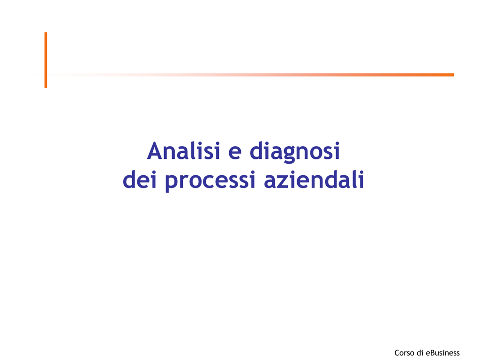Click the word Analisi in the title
pyautogui.click(x=184, y=150)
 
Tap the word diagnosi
pyautogui.click(x=295, y=152)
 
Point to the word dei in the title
pyautogui.click(x=140, y=180)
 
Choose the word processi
pyautogui.click(x=210, y=181)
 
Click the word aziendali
pyautogui.click(x=314, y=180)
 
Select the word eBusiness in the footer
pyautogui.click(x=442, y=352)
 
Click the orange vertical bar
pyautogui.click(x=45, y=60)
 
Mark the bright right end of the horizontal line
pyautogui.click(x=453, y=75)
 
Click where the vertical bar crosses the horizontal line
pyautogui.click(x=45, y=75)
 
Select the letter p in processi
pyautogui.click(x=172, y=183)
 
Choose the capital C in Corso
pyautogui.click(x=397, y=352)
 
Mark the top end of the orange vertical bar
pyautogui.click(x=45, y=32)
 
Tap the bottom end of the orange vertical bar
pyautogui.click(x=45, y=88)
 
